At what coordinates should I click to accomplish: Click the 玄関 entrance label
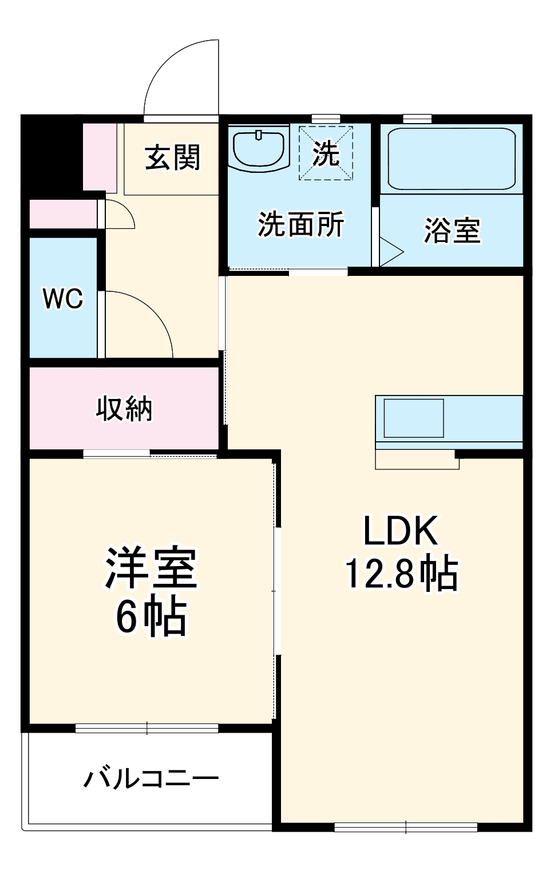pos(172,157)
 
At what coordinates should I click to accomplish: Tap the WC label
pos(63,298)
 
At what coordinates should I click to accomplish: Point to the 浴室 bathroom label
pos(452,230)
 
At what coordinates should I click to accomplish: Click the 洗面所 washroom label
pos(300,224)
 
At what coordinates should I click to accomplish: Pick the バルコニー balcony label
pos(151,779)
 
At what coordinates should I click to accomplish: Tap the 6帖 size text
pos(151,618)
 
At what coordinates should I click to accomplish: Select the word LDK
pos(401,531)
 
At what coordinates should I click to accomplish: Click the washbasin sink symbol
pos(259,148)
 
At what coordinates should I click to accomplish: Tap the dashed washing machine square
pos(326,153)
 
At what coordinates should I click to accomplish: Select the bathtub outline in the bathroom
pos(452,159)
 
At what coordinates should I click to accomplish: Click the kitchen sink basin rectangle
pos(414,418)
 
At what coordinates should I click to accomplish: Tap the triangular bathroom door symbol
pos(390,252)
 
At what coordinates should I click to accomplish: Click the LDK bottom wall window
pos(406,826)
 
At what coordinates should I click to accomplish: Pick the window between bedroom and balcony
pos(147,728)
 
